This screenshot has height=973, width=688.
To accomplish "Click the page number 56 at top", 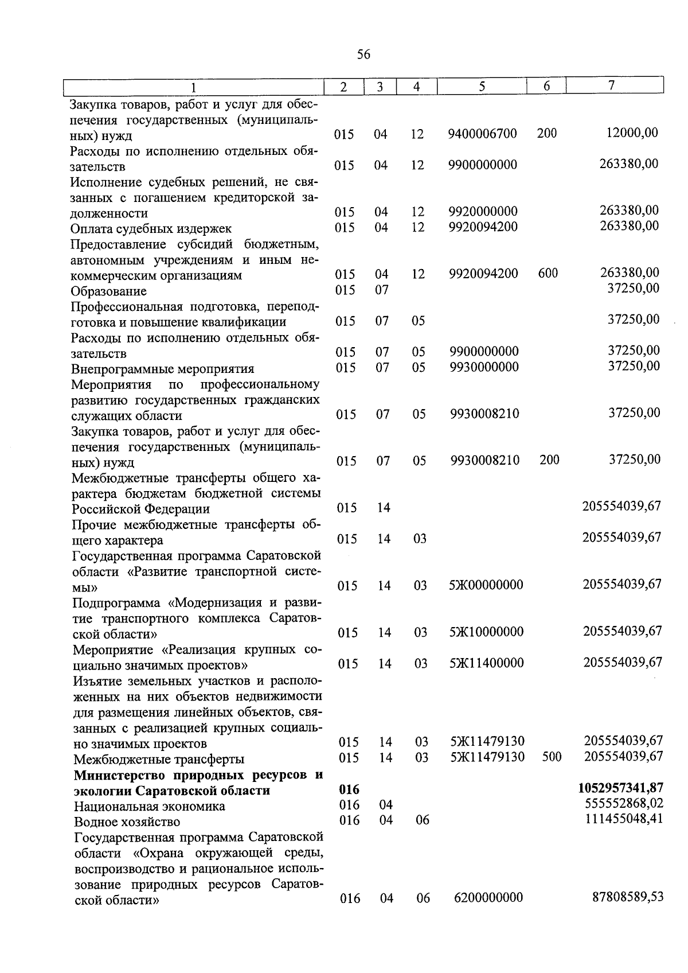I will pos(363,55).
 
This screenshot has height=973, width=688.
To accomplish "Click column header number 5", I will pos(482,87).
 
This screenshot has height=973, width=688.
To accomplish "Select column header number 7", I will pos(612,85).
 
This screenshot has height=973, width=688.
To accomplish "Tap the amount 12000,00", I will pos(632,133).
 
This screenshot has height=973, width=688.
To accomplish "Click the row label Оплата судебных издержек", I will pos(151,229).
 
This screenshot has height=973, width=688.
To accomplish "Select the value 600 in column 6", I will pos(548,273).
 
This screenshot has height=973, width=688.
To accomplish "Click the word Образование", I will pos(108,291).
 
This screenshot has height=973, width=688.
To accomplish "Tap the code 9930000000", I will pos(484,367).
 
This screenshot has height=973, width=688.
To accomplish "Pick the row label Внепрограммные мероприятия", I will pos(162,369).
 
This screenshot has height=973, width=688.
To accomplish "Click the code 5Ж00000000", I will pos(487,585).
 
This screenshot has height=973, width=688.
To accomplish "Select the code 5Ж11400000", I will pos(487,663).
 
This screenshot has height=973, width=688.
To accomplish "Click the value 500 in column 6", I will pos(552,757).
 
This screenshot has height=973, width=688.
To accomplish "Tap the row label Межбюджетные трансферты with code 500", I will pos(159,760).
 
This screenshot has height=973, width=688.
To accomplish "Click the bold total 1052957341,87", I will pos(621,789).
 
